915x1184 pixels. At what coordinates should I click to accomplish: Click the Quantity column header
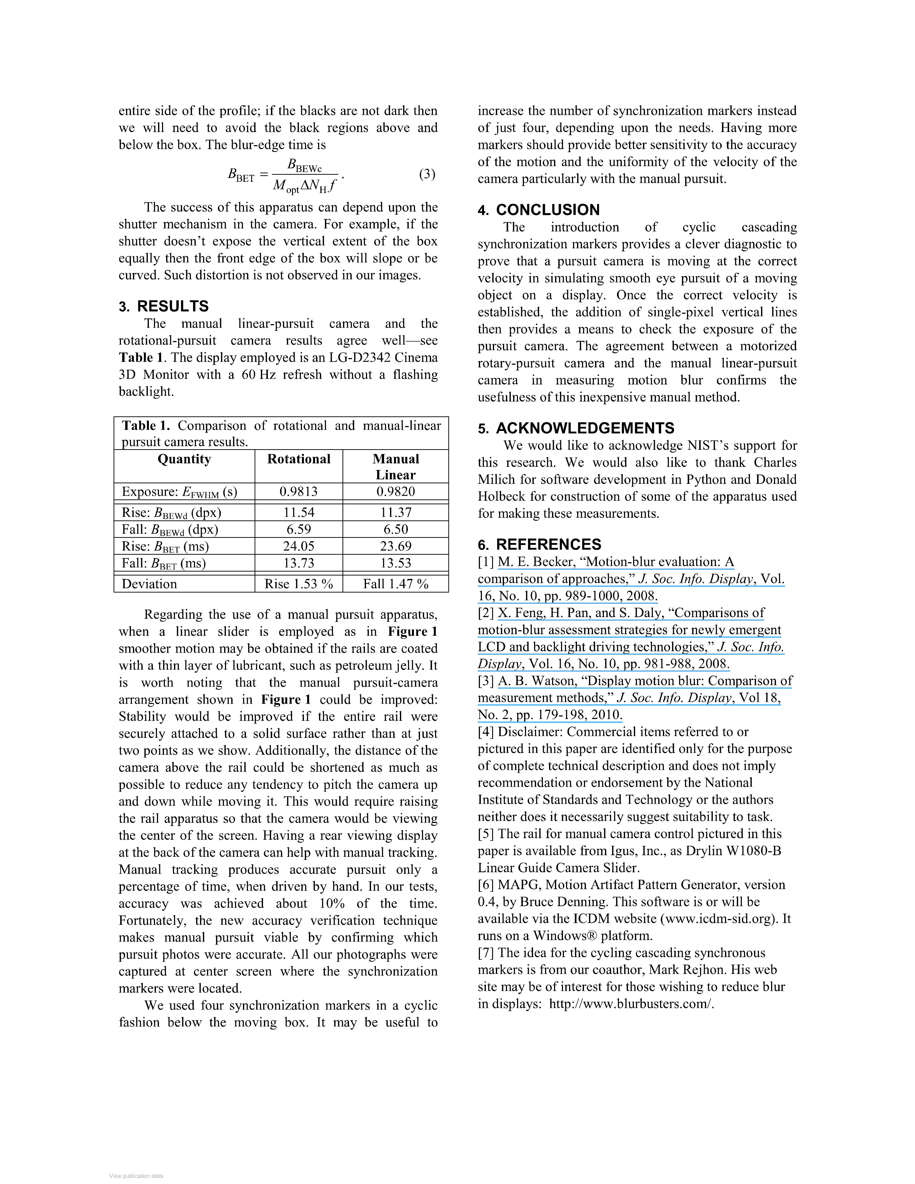[184, 459]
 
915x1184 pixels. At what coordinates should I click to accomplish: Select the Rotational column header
[299, 459]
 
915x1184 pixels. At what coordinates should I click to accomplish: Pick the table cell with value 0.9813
[299, 492]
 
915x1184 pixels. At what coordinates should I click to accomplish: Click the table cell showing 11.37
[396, 512]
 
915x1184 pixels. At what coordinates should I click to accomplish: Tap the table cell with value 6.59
[299, 529]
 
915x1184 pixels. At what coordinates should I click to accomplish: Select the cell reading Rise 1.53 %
[299, 584]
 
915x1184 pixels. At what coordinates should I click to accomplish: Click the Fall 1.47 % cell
[396, 584]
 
